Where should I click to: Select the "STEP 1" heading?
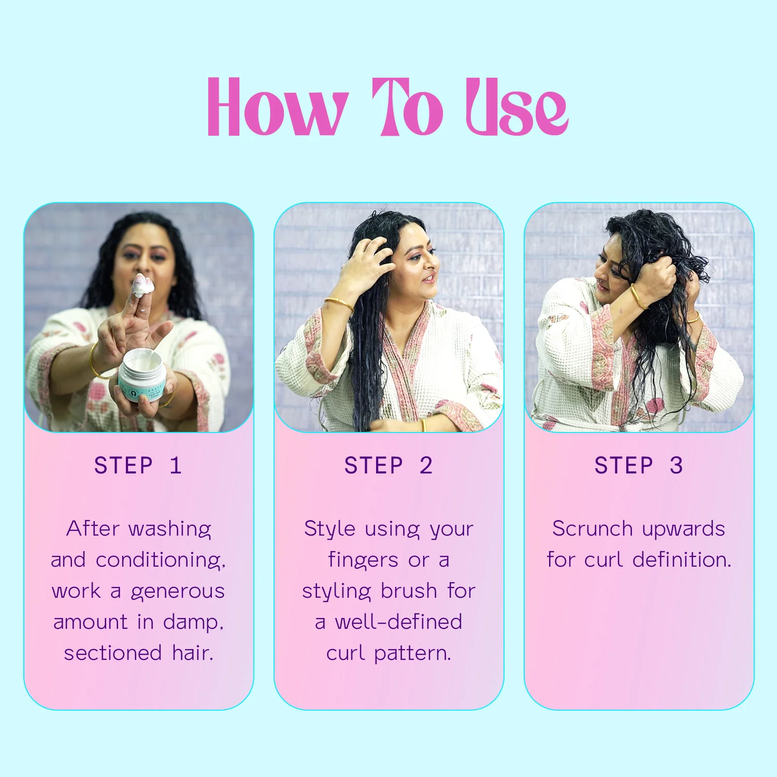[138, 465]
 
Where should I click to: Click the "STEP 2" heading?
[388, 465]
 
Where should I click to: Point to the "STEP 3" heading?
[639, 465]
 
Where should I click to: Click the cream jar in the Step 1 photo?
[141, 376]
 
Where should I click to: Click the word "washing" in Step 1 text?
[170, 529]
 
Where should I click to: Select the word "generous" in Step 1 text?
[178, 592]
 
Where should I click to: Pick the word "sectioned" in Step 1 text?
[112, 653]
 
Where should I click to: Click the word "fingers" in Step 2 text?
[363, 560]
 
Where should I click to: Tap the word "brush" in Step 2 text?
[409, 591]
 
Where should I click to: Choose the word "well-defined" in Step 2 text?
[398, 622]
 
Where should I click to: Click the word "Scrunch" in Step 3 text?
[593, 529]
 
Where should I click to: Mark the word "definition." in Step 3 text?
[682, 560]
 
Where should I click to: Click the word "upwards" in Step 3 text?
[683, 529]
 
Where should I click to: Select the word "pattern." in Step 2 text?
[412, 654]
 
